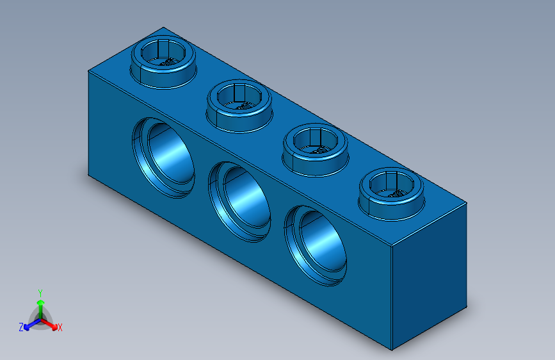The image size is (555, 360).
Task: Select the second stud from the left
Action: (239, 104)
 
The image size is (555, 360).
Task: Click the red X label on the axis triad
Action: (60, 327)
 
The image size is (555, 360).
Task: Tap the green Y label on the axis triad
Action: (40, 291)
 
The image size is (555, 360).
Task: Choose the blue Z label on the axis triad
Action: (21, 327)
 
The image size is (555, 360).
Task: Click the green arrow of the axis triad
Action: (40, 304)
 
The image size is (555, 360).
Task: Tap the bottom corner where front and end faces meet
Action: (391, 350)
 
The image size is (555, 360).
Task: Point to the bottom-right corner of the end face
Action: (467, 307)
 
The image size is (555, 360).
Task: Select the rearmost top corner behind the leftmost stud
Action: (164, 28)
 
